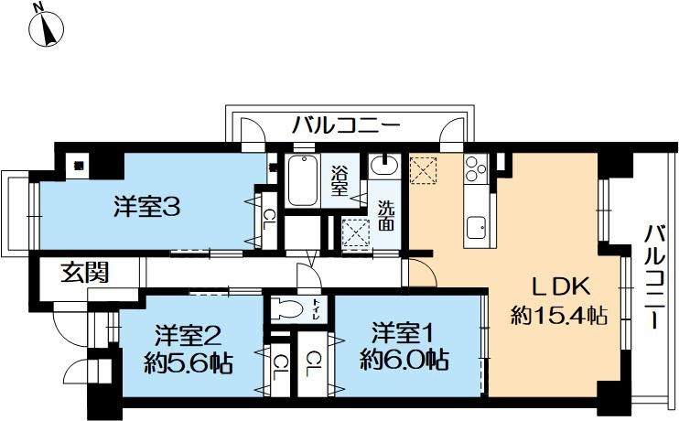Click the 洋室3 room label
click(145, 208)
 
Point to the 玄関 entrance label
click(86, 272)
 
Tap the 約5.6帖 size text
click(189, 362)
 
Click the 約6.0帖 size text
click(404, 359)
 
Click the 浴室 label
click(339, 179)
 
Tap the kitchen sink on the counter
click(476, 226)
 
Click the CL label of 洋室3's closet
click(269, 217)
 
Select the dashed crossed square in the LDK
click(424, 170)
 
